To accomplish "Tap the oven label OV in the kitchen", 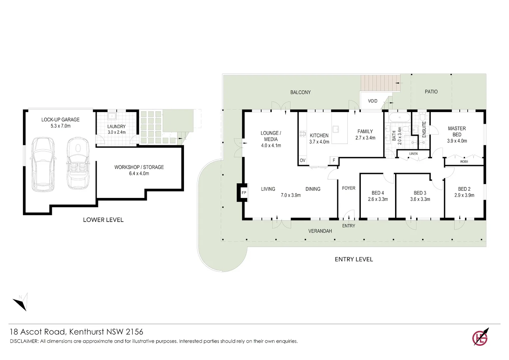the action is pos(302,160).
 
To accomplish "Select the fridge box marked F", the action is pos(334,160).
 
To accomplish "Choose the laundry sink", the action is pos(112,116).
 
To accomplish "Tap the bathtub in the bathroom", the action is pos(399,118).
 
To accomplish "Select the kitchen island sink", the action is pos(336,129).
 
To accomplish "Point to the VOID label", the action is pos(373,101).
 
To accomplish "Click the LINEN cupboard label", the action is pos(413,154).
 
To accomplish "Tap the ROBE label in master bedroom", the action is pos(464,161).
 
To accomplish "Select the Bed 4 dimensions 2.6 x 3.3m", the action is pos(378,199).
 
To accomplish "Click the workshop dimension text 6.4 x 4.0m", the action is pos(139,174).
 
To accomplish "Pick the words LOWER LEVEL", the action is pos(103,220).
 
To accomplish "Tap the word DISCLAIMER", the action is pos(24,341).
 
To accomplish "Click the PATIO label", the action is pos(431,92).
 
